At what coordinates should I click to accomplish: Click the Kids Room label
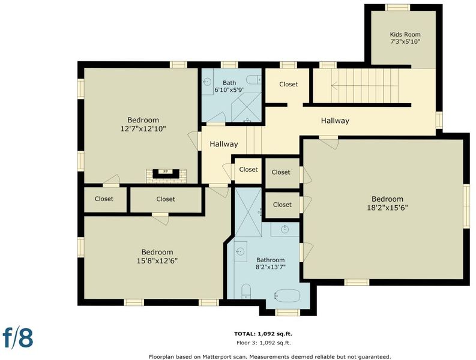[x=405, y=34]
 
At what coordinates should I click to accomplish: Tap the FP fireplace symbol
[x=166, y=173]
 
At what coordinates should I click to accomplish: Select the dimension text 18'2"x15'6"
[x=387, y=208]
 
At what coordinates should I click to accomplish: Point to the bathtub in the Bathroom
[x=288, y=295]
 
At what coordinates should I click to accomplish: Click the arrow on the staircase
[x=364, y=86]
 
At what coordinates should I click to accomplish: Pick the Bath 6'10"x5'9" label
[x=229, y=86]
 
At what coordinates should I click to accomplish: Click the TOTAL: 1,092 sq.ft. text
[x=263, y=334]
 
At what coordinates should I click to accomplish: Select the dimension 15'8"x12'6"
[x=157, y=261]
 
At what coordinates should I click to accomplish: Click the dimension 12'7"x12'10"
[x=143, y=129]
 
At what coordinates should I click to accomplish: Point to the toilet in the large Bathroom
[x=246, y=291]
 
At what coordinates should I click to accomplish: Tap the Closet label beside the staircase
[x=288, y=84]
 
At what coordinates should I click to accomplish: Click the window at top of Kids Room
[x=397, y=8]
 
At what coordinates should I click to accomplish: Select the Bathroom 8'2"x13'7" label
[x=271, y=263]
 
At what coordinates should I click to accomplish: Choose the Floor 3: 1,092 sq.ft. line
[x=264, y=343]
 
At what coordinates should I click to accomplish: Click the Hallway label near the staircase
[x=335, y=121]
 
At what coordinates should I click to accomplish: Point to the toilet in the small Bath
[x=253, y=80]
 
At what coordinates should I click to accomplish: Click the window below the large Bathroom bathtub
[x=287, y=313]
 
